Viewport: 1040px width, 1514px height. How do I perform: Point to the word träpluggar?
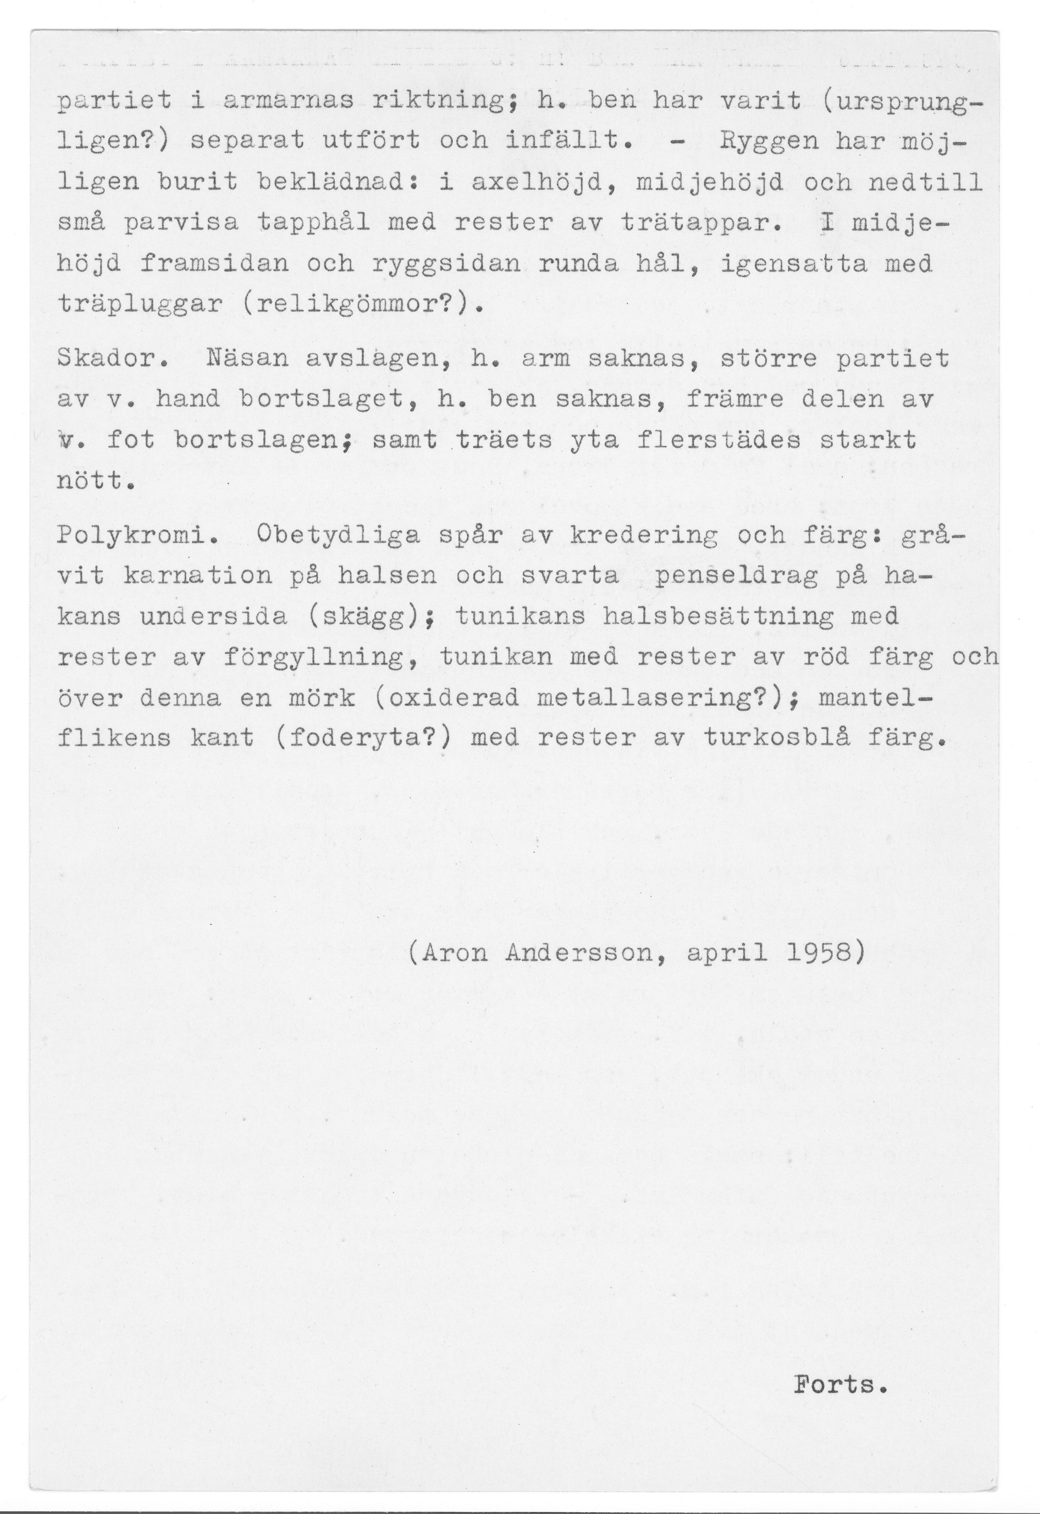[140, 304]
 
